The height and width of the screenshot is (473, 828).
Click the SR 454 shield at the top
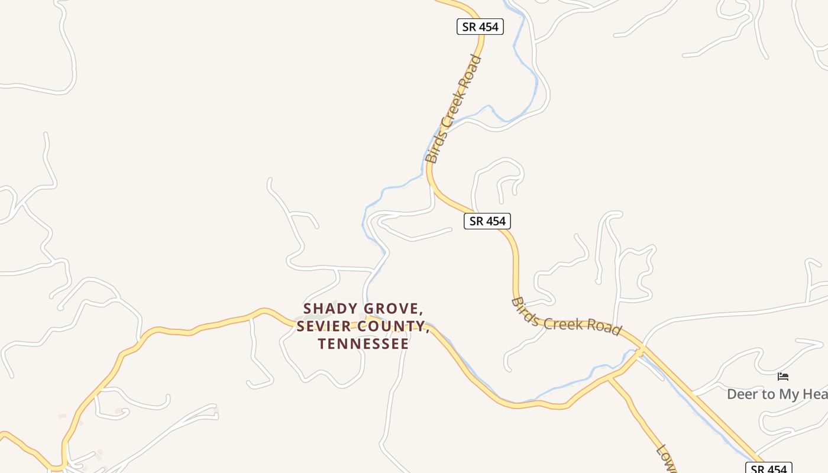[480, 27]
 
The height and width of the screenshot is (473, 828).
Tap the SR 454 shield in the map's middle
[487, 221]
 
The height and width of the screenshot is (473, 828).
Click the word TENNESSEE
[363, 344]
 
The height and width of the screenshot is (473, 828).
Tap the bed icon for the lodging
[783, 377]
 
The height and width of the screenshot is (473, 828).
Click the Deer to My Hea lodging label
[777, 394]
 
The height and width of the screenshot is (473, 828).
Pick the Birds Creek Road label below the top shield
[454, 109]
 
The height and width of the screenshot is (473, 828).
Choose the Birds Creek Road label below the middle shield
[566, 316]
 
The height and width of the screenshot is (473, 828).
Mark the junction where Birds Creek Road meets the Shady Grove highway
[641, 352]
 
